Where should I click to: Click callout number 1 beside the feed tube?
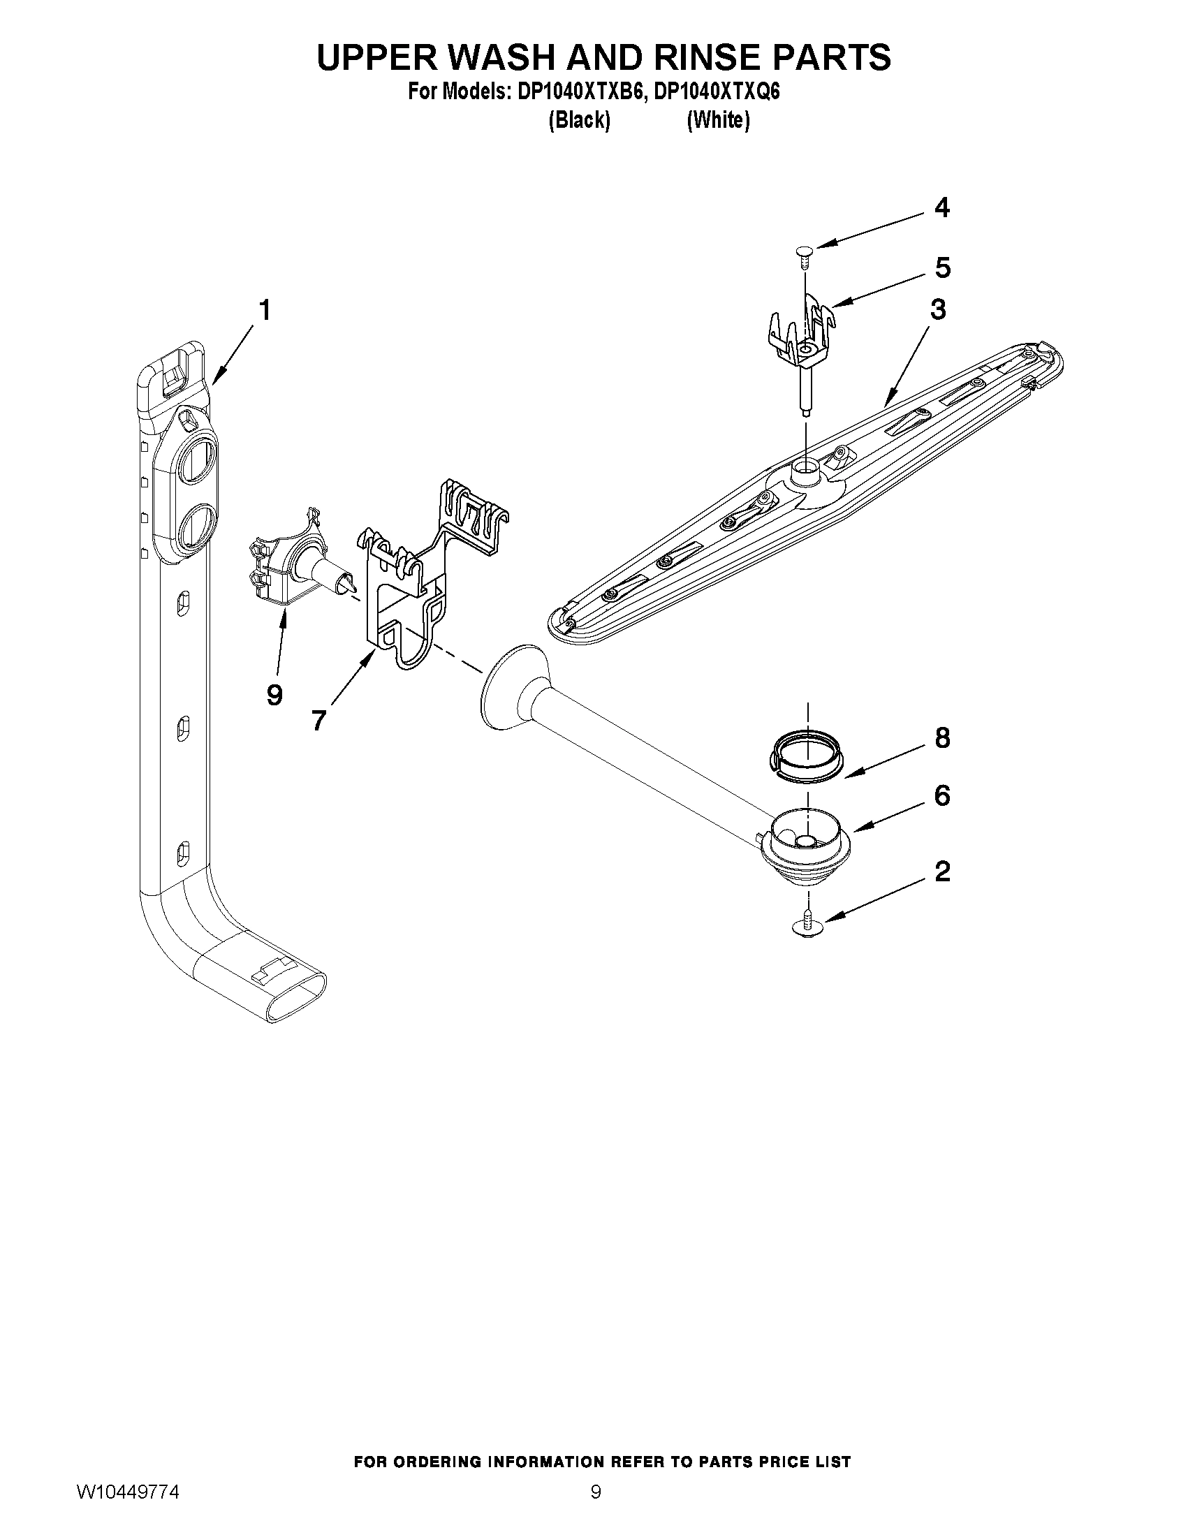click(x=264, y=310)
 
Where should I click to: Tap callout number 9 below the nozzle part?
click(x=274, y=695)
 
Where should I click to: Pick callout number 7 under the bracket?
click(x=318, y=719)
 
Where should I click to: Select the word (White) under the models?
click(x=718, y=120)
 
